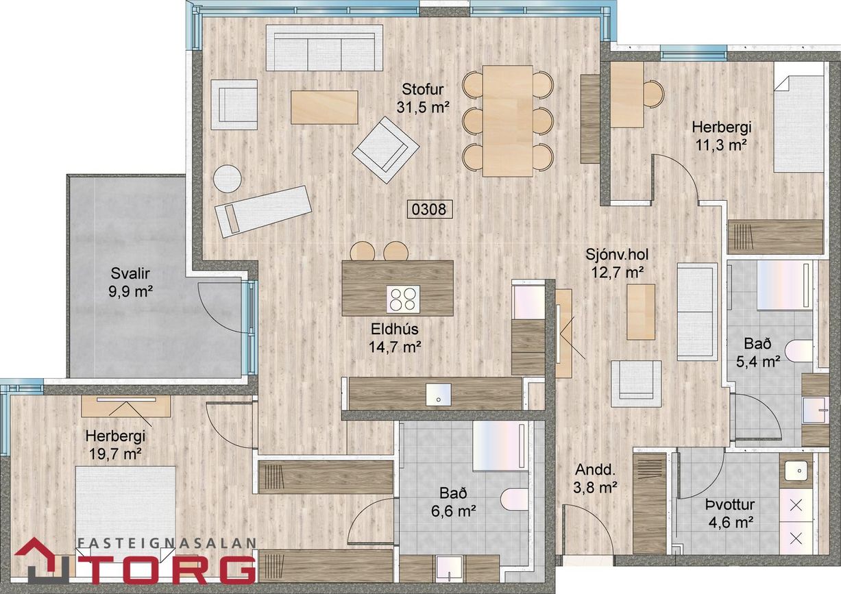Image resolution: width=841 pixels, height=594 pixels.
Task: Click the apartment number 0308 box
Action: [430, 208]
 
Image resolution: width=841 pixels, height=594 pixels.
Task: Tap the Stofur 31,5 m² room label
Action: [423, 98]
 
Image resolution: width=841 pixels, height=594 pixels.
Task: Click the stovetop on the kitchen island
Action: [402, 299]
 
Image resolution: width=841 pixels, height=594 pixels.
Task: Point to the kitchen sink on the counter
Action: [438, 394]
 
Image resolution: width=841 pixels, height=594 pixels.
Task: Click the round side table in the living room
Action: [227, 179]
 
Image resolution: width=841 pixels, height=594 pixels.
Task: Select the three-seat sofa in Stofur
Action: [324, 48]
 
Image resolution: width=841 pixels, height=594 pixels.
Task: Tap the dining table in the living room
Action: [507, 121]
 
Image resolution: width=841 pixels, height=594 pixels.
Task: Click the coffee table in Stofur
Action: [324, 108]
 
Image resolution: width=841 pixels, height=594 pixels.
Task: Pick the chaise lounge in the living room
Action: [263, 210]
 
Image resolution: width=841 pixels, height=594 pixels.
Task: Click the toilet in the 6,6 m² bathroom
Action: [514, 499]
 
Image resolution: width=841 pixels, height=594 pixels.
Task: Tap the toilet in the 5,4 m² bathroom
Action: [799, 351]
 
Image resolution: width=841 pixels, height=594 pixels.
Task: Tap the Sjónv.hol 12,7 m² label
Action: [617, 263]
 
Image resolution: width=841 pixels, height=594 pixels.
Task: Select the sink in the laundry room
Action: [796, 471]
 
